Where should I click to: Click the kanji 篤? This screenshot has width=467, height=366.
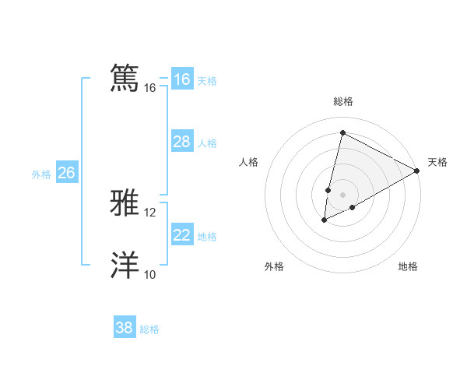click(x=125, y=78)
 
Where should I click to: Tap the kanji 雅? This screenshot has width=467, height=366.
click(x=125, y=203)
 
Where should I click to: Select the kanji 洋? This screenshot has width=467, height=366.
click(x=125, y=265)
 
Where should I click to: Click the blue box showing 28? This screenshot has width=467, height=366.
click(x=181, y=142)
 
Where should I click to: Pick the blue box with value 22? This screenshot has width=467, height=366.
click(x=181, y=234)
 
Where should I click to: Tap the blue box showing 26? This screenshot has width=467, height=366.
click(x=66, y=173)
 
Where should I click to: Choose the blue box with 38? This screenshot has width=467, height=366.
click(x=124, y=328)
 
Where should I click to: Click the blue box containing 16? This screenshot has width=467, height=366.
click(x=181, y=79)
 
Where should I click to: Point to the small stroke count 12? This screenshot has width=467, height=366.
click(x=150, y=212)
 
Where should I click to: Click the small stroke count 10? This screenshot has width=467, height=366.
click(x=150, y=274)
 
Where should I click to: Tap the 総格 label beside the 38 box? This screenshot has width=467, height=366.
click(x=149, y=329)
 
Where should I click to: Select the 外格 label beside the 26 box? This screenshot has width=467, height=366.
click(x=41, y=174)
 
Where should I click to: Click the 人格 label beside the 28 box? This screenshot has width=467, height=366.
click(x=207, y=143)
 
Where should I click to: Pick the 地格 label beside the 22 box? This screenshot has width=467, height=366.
click(x=207, y=237)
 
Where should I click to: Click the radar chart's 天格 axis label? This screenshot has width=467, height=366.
click(x=437, y=162)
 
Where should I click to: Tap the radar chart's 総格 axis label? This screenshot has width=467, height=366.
click(x=342, y=101)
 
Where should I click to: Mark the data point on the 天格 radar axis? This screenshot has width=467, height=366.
click(x=417, y=171)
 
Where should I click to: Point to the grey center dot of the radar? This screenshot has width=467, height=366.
click(x=342, y=195)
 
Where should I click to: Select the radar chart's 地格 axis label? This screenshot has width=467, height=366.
click(x=408, y=266)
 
